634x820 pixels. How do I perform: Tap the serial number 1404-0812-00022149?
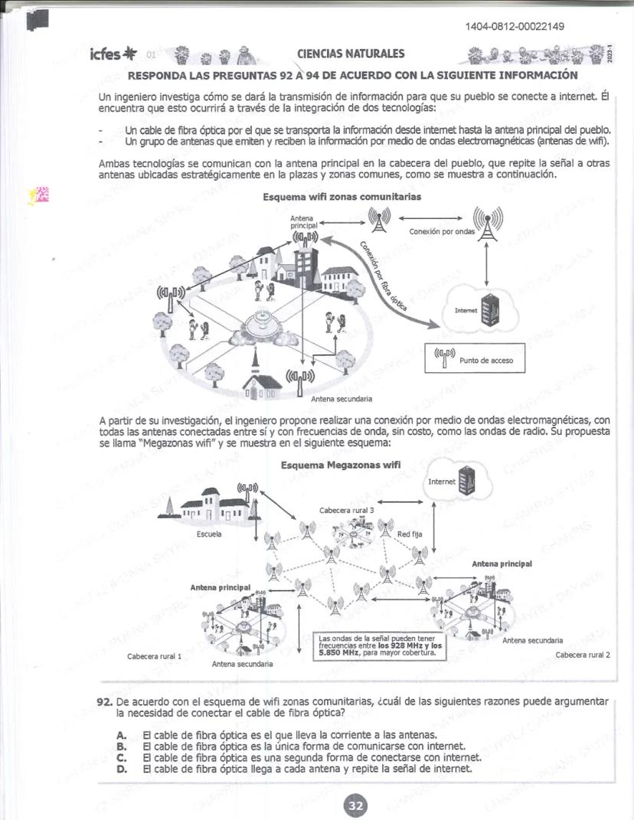(x=515, y=28)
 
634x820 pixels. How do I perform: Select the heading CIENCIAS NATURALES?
(x=350, y=54)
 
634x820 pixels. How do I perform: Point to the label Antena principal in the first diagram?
(x=302, y=222)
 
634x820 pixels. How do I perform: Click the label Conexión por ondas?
(x=442, y=231)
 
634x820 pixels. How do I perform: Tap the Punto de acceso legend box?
(x=475, y=358)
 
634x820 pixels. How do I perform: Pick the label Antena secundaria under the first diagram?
(x=342, y=399)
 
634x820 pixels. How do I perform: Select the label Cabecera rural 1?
(x=154, y=656)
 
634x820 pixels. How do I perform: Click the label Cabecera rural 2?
(x=582, y=655)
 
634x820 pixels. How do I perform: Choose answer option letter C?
(x=121, y=757)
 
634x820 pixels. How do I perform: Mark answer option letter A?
(x=121, y=735)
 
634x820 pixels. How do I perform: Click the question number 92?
(x=105, y=701)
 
